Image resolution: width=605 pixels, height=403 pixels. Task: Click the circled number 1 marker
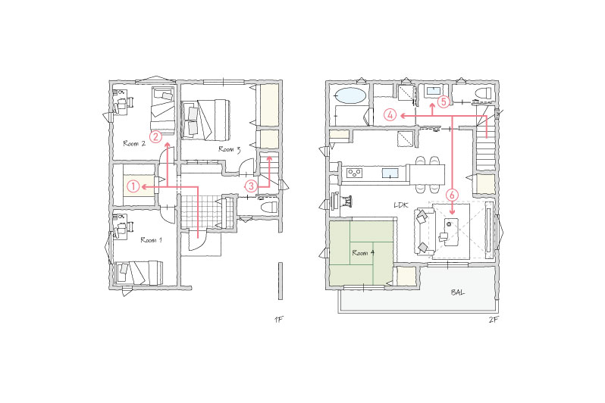coord(133,186)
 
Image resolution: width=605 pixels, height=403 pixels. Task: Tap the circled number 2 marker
coord(156,136)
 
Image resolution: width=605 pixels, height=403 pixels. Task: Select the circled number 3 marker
coord(251,186)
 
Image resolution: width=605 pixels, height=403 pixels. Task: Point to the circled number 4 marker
coord(390,115)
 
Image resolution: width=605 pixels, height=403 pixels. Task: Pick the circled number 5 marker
coord(444,102)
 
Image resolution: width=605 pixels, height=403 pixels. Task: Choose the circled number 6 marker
coord(452,195)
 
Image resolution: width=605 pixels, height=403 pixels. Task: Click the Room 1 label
coord(152,240)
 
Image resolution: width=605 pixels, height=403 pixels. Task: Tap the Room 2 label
coord(134,143)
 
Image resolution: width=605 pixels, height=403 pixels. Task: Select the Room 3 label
coord(230,149)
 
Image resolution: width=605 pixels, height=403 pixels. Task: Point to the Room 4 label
coord(363,253)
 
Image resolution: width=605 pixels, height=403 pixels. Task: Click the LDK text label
coord(401,205)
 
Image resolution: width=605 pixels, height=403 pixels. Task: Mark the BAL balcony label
coord(458,292)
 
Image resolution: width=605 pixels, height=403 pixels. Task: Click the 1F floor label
coord(278,320)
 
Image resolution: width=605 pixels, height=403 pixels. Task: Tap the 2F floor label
coord(493,320)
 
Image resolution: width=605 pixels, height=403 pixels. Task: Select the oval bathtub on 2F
coord(351,95)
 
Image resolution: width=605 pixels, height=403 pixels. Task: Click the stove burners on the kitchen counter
coord(354,173)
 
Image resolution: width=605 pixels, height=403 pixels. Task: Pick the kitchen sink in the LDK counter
coord(390,173)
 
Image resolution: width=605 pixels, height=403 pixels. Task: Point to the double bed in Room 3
coord(205,120)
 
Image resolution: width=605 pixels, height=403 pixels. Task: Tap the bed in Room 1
coord(139,273)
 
